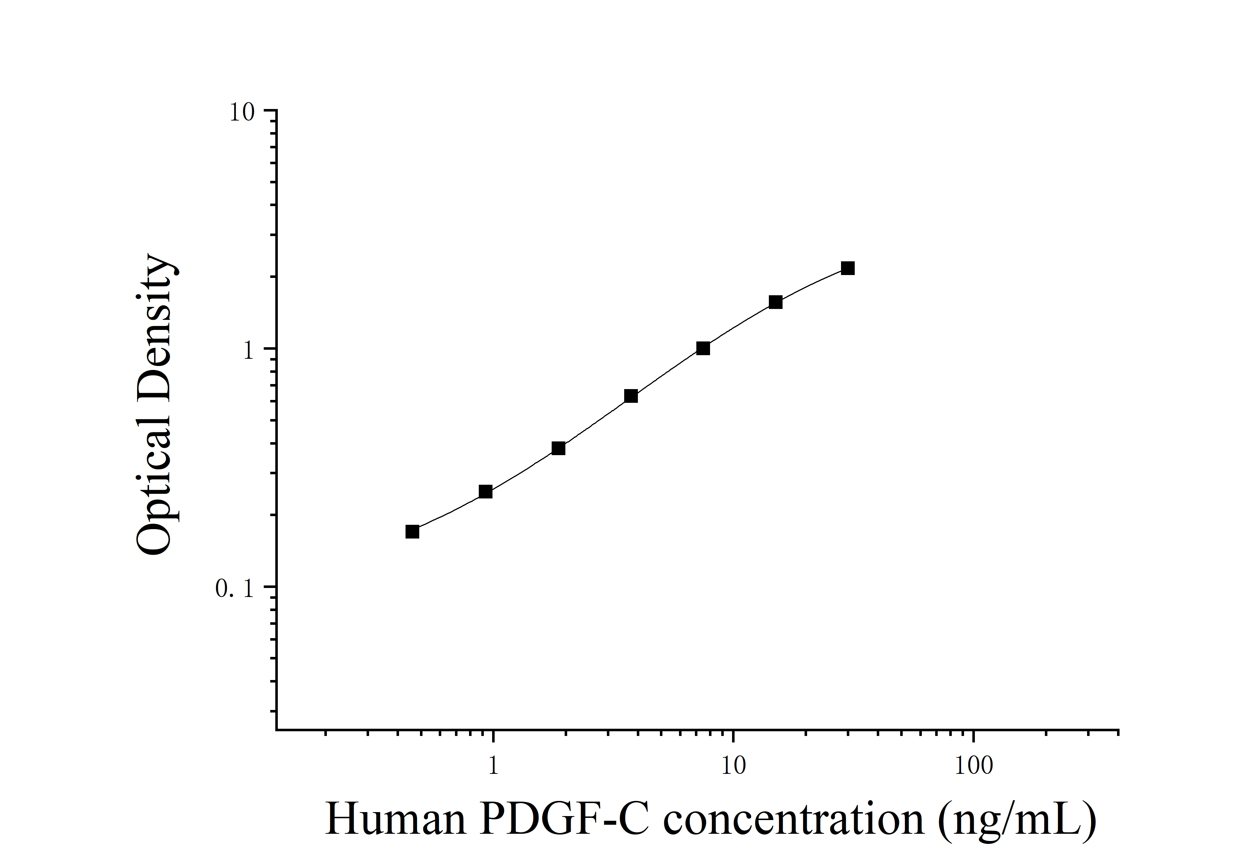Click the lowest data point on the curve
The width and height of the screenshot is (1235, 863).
pyautogui.click(x=412, y=532)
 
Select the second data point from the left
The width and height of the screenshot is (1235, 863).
pyautogui.click(x=485, y=491)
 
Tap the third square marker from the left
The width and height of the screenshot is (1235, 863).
pyautogui.click(x=559, y=448)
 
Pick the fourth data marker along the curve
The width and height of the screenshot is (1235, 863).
pyautogui.click(x=631, y=396)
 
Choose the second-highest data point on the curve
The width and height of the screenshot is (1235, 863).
pyautogui.click(x=775, y=302)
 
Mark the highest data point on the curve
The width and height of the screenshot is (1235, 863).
pyautogui.click(x=848, y=268)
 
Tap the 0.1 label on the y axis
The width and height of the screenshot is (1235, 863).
pyautogui.click(x=235, y=589)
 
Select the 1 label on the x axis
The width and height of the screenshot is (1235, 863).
pyautogui.click(x=493, y=766)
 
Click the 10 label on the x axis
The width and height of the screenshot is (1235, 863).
pyautogui.click(x=733, y=766)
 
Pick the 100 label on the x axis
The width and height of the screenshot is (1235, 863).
pyautogui.click(x=973, y=766)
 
